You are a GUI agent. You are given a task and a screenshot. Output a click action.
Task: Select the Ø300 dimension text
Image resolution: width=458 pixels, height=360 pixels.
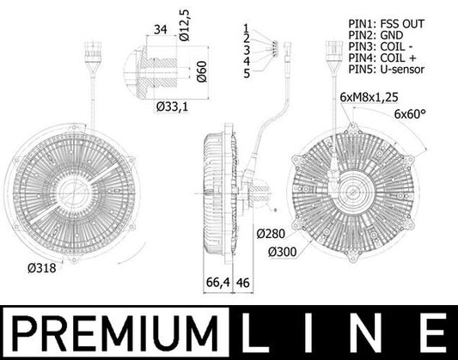click(x=282, y=251)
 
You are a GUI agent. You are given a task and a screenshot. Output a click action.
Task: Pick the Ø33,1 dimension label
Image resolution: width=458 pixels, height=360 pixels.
click(x=173, y=107)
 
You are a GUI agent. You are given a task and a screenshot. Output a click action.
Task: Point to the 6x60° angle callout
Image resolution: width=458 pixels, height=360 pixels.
click(x=413, y=113)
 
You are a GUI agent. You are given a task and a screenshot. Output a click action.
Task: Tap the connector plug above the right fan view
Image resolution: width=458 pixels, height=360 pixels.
click(x=331, y=57)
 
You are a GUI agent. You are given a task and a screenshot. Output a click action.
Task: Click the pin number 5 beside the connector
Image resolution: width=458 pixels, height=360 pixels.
click(x=246, y=73)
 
